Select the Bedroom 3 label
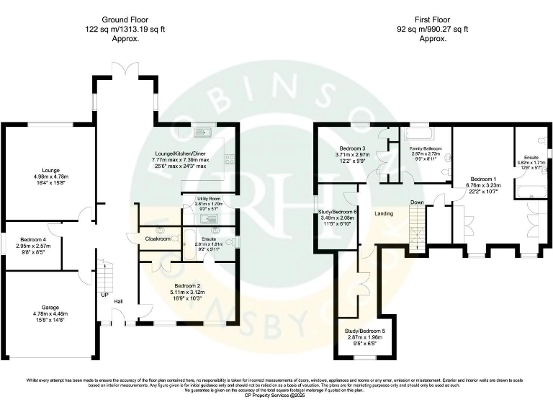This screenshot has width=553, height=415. click(352, 148)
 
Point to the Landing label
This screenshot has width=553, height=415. click(384, 214)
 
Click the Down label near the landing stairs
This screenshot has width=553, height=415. click(417, 202)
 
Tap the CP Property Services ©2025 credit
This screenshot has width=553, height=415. click(276, 395)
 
